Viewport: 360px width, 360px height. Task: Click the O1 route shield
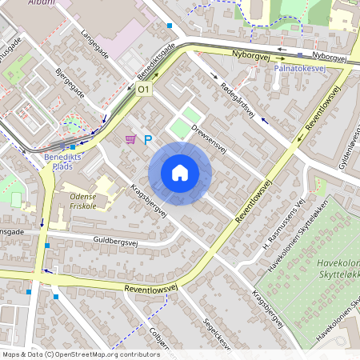[x=144, y=90]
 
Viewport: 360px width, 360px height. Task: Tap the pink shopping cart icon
[x=130, y=139]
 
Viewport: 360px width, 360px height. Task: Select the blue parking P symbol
[x=148, y=139]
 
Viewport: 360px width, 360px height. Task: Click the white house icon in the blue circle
[x=180, y=173]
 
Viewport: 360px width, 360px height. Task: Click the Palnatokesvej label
[x=298, y=69]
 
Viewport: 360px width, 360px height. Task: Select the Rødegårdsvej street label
[x=236, y=99]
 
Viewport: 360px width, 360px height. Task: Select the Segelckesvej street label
[x=217, y=334]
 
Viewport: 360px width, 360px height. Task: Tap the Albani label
[x=41, y=3]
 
